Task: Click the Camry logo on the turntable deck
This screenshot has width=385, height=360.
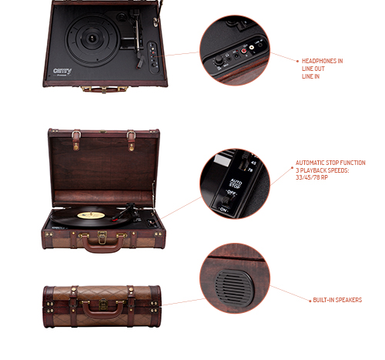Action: (x=62, y=71)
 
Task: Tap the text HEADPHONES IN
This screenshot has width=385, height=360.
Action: (x=322, y=61)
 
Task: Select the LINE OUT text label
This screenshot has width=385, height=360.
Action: (x=313, y=69)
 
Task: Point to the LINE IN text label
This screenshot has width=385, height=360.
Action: (x=310, y=76)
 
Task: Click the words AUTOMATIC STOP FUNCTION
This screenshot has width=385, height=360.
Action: (x=330, y=163)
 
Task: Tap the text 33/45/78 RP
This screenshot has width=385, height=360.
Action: (x=312, y=177)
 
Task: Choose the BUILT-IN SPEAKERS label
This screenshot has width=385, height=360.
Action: (x=337, y=300)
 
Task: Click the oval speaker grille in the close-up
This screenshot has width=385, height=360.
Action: (x=235, y=286)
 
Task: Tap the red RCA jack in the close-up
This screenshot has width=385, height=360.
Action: (x=244, y=51)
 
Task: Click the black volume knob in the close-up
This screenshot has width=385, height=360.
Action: (x=219, y=60)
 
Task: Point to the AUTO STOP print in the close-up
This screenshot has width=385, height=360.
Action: (x=235, y=183)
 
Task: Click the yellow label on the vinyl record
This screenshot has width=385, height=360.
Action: (x=91, y=215)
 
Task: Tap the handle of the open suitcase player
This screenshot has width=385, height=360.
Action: (x=102, y=244)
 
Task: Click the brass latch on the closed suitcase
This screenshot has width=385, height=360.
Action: (x=103, y=304)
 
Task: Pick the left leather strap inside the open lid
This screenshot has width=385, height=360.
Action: (x=76, y=140)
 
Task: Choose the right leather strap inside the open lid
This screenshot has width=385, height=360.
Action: (x=131, y=140)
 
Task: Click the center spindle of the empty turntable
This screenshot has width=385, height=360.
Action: (x=92, y=39)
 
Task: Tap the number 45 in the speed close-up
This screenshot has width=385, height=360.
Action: (x=253, y=163)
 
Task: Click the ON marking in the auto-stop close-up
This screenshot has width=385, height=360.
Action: (x=223, y=210)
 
